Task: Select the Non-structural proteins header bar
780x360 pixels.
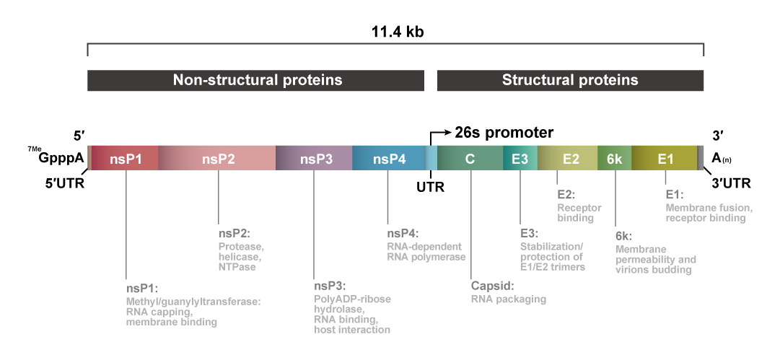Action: coord(257,80)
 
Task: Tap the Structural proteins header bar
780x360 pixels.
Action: coord(570,80)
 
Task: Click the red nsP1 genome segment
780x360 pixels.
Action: coord(126,158)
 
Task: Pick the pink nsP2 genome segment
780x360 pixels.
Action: coord(218,158)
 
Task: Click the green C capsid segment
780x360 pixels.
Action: coord(470,158)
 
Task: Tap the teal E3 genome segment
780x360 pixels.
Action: coord(520,158)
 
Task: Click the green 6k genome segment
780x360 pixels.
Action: coord(614,158)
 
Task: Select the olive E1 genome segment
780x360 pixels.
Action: coord(665,158)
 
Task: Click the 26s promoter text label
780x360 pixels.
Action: coord(504,133)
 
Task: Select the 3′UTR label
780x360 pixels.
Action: coord(730,183)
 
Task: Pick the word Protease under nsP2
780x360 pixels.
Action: coord(241,247)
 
